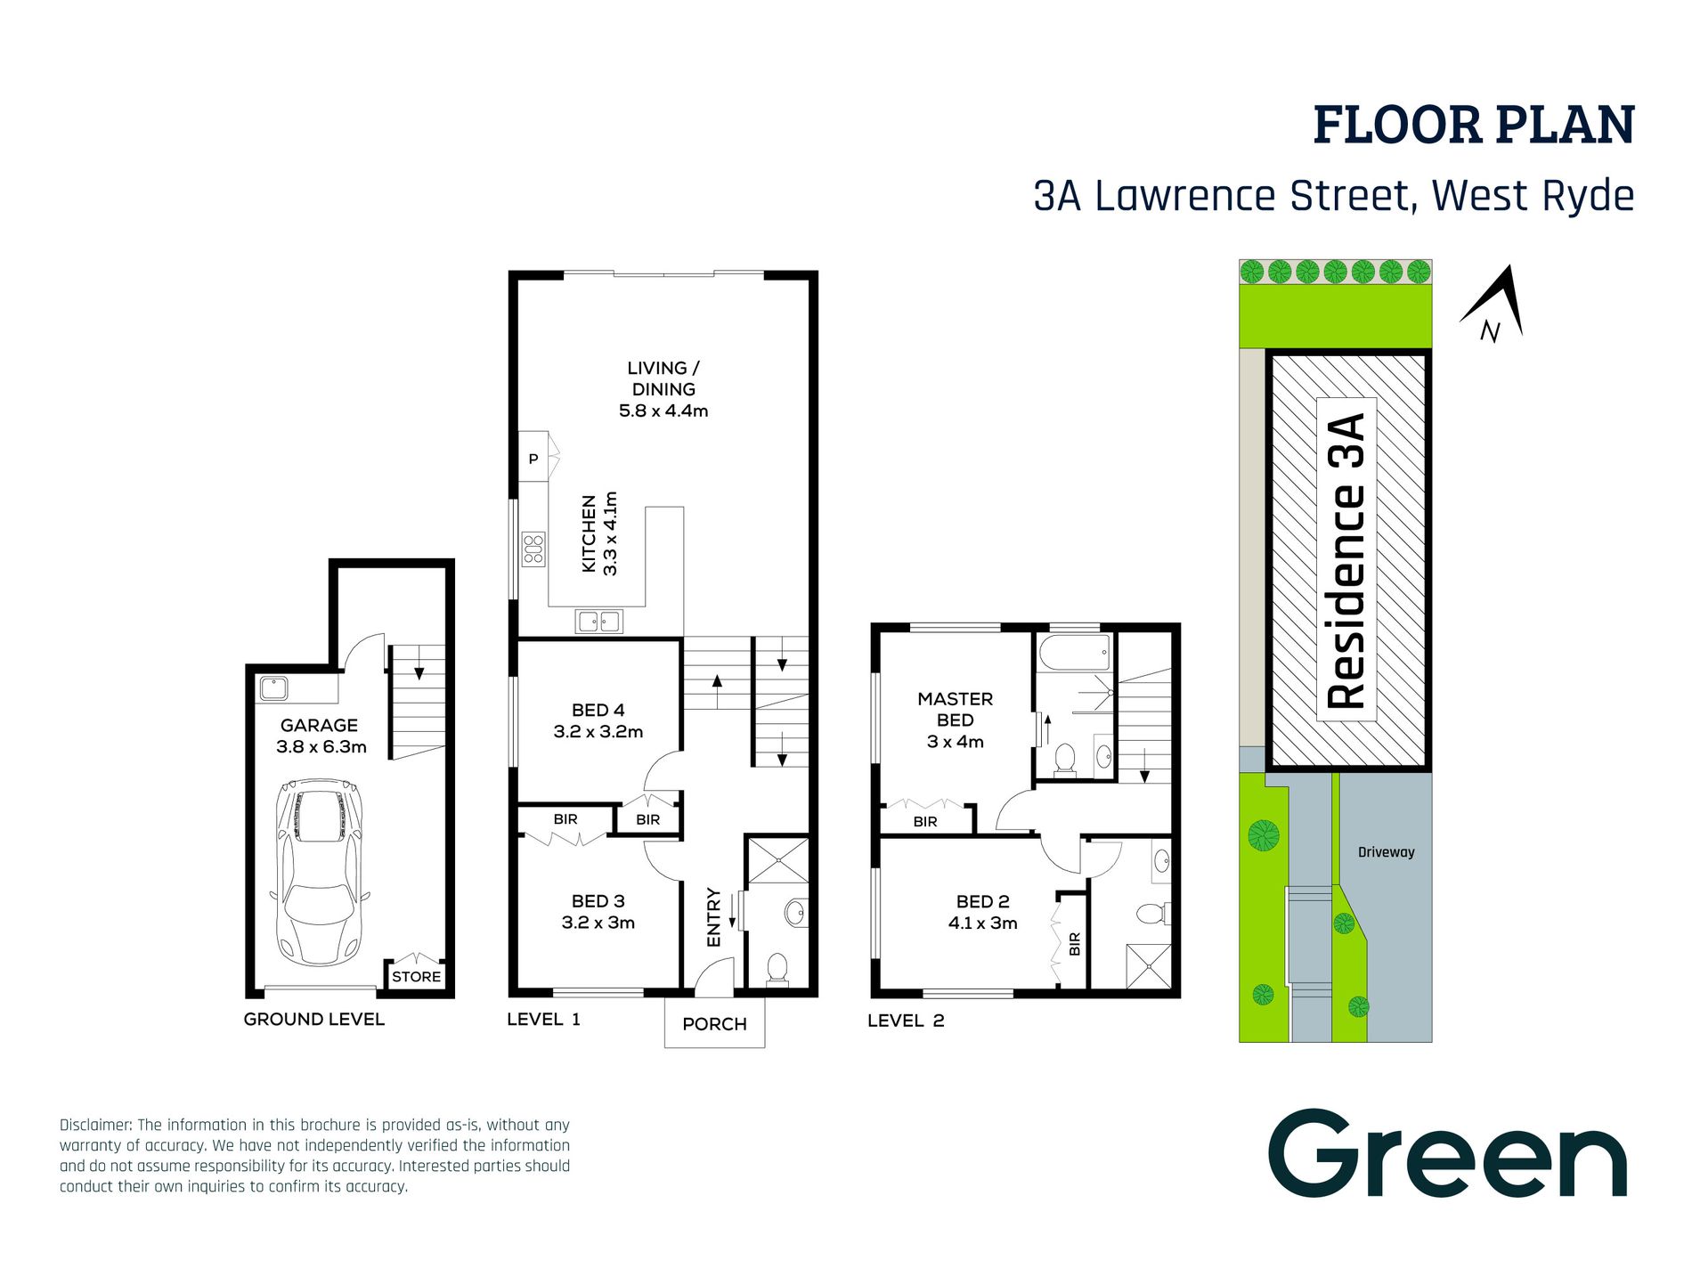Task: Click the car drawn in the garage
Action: pos(320,873)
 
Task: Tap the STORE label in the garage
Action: pos(416,977)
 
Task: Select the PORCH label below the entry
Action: pos(714,1024)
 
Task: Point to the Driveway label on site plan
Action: pos(1386,852)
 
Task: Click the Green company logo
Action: pos(1447,1155)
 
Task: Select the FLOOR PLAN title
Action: pos(1474,126)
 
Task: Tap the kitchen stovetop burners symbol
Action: pos(533,549)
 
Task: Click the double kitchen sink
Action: pos(598,621)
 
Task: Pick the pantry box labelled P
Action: pos(533,459)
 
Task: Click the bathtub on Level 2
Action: pos(1075,653)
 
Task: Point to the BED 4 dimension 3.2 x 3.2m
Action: pos(598,732)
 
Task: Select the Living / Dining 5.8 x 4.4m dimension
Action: pos(663,411)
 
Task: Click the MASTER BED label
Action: pos(955,710)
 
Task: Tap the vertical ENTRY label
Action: pos(713,917)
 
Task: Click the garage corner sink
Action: pos(273,688)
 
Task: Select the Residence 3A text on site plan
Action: pos(1346,561)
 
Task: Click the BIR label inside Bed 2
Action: pos(1074,943)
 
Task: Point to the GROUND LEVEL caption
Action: pos(314,1020)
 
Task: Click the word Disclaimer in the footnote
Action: pos(95,1126)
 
